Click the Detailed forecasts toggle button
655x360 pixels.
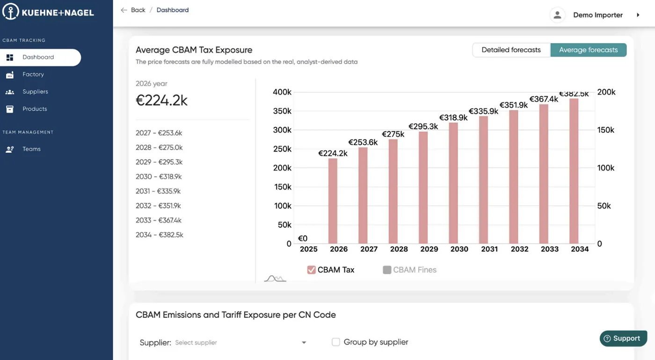(511, 50)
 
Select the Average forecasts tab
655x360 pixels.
(589, 50)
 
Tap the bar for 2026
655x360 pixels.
(333, 201)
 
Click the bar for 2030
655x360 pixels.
(453, 183)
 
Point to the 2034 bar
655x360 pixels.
(574, 171)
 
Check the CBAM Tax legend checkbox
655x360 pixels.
(312, 270)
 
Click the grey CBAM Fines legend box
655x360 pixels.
(387, 270)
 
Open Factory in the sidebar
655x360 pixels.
(33, 74)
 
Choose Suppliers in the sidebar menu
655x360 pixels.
(35, 92)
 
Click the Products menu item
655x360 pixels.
(35, 109)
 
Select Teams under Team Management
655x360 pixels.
(31, 149)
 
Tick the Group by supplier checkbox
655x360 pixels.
(336, 342)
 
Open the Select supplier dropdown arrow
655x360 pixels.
(304, 342)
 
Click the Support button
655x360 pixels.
(623, 338)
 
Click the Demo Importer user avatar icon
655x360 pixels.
(557, 15)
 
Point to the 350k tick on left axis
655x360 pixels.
(282, 111)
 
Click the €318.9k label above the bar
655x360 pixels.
(453, 117)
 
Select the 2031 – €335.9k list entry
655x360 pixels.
(158, 191)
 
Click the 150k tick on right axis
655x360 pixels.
(605, 130)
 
